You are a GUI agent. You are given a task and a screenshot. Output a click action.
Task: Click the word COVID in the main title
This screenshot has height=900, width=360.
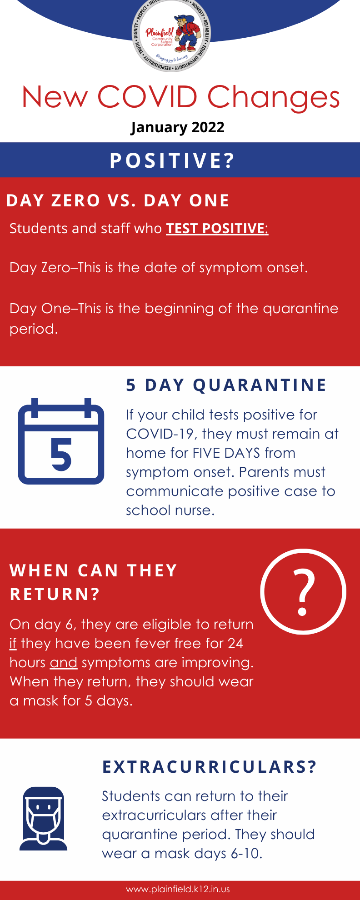[147, 97]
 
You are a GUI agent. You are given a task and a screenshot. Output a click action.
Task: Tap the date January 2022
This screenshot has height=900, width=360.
[177, 127]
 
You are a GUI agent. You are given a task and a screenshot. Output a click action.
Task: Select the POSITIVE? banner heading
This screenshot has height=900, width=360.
[172, 160]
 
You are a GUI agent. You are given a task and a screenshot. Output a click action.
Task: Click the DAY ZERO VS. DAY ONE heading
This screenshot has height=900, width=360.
[118, 200]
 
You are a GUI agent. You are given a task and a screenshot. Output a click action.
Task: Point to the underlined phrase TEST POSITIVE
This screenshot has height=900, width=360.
[215, 228]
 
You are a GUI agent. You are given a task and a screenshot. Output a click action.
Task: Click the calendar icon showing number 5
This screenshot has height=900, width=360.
[61, 441]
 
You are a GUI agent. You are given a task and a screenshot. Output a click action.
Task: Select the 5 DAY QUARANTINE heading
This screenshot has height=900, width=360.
[226, 385]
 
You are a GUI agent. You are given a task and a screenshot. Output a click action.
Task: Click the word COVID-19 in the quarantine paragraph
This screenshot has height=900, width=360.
[161, 434]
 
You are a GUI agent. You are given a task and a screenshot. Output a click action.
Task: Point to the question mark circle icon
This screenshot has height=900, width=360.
[303, 591]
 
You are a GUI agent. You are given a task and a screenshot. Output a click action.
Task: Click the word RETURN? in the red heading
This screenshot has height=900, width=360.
[55, 594]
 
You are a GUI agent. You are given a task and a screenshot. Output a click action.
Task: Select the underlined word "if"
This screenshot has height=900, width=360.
[13, 644]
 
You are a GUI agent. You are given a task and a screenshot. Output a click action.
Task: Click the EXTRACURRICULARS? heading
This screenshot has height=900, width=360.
[210, 767]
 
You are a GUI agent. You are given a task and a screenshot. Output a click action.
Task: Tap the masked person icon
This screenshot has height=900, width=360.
[44, 819]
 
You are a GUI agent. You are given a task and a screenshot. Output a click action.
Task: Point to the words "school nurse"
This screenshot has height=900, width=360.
[170, 510]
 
